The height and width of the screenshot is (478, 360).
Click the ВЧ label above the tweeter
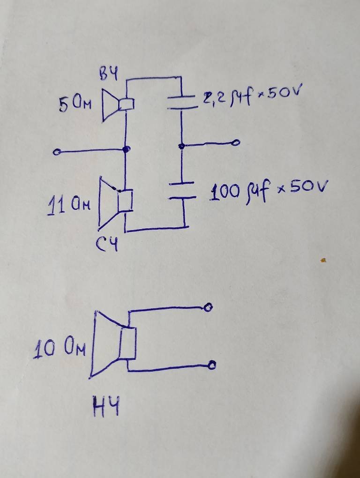click(x=108, y=74)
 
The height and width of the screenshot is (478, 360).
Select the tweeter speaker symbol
click(x=118, y=105)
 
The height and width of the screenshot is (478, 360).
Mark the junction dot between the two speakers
click(x=126, y=149)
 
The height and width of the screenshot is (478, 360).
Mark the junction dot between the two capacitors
click(x=182, y=146)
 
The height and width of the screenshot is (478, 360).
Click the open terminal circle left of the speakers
click(x=56, y=152)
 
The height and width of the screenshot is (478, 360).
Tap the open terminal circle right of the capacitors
click(x=236, y=142)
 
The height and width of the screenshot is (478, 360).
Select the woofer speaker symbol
click(x=113, y=344)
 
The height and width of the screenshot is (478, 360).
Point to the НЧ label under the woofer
click(x=106, y=406)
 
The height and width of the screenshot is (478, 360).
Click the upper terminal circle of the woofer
click(x=208, y=307)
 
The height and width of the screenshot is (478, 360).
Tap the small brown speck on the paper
click(x=323, y=261)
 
